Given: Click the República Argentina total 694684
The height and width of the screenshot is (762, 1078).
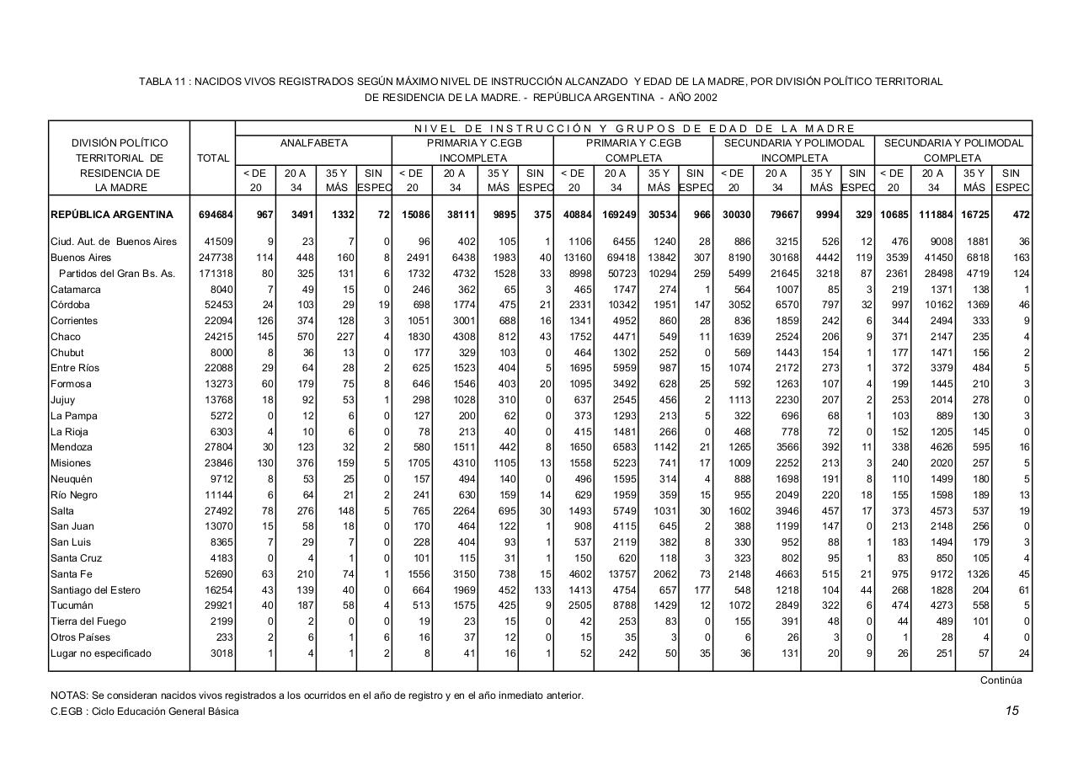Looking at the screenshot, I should pyautogui.click(x=214, y=215).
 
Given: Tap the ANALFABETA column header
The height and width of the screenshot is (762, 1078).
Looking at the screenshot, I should pyautogui.click(x=313, y=144).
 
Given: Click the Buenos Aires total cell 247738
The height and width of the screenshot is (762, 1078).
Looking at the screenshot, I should pyautogui.click(x=214, y=258).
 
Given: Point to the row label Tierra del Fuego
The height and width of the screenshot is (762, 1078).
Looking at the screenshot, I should pyautogui.click(x=88, y=621).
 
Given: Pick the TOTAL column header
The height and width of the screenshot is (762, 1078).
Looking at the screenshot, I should pyautogui.click(x=213, y=158).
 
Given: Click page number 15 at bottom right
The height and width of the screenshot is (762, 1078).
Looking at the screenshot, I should pyautogui.click(x=1011, y=711).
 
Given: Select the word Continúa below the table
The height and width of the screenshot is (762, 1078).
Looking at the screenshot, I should pyautogui.click(x=1001, y=680).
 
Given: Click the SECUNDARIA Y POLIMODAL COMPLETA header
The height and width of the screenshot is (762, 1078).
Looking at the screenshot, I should pyautogui.click(x=953, y=151).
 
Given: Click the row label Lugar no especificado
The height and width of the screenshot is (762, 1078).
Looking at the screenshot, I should pyautogui.click(x=101, y=653).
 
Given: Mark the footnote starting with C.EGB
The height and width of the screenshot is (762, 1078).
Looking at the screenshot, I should pyautogui.click(x=144, y=711).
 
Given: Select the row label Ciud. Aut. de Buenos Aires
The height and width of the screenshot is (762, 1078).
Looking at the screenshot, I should pyautogui.click(x=114, y=242).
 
